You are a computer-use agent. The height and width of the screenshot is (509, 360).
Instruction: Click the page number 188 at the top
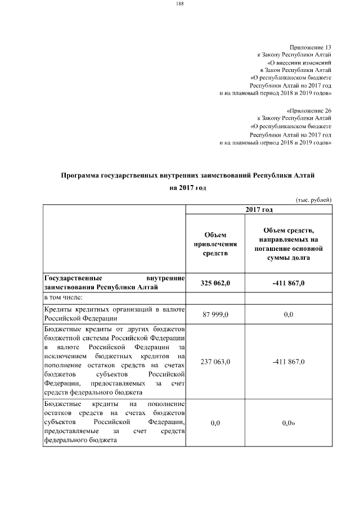(180, 4)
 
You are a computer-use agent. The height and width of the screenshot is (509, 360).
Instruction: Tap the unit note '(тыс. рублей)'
(314, 200)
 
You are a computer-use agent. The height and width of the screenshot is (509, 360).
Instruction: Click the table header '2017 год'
(259, 209)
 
